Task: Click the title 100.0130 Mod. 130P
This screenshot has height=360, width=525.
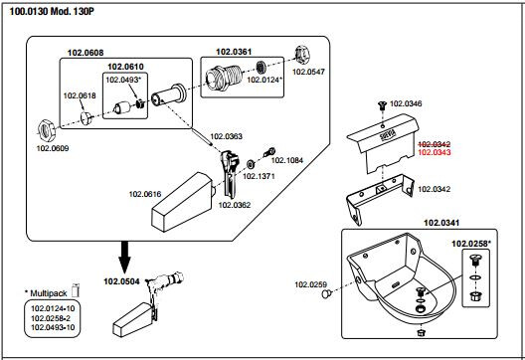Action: (x=52, y=11)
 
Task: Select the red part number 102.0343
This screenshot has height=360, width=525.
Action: (x=435, y=152)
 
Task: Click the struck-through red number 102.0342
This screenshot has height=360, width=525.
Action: (x=435, y=144)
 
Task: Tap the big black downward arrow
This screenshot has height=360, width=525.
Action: (x=124, y=258)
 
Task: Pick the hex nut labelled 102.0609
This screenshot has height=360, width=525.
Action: (x=45, y=130)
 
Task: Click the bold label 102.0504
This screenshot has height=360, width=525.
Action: (x=121, y=281)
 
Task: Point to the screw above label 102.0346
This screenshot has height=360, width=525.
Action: (x=383, y=105)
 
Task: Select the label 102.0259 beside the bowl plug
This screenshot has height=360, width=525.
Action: (x=310, y=284)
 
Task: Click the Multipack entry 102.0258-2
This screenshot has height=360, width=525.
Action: (x=51, y=318)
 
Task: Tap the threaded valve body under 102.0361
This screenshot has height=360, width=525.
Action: (x=224, y=76)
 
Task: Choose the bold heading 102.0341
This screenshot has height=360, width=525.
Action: (x=441, y=223)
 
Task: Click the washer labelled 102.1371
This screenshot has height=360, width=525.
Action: (x=250, y=164)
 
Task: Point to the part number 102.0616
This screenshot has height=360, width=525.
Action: (x=145, y=194)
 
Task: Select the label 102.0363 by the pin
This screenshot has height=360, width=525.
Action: (x=226, y=136)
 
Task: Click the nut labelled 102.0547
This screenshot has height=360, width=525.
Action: (x=302, y=56)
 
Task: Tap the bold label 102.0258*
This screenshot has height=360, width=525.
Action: (x=471, y=244)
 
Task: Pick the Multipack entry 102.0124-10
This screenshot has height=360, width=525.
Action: (x=53, y=308)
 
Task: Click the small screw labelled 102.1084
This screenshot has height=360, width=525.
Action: (x=269, y=152)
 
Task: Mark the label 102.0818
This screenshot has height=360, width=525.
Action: (x=80, y=95)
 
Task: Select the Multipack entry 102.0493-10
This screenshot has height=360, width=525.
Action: (x=53, y=327)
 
